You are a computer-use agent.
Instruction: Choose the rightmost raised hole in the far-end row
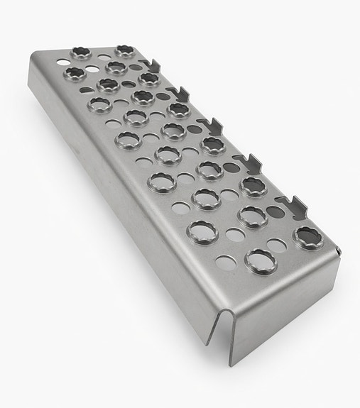click(x=126, y=50)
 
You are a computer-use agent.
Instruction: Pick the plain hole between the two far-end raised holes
click(x=103, y=53)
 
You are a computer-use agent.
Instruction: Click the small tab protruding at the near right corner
click(x=340, y=250)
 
